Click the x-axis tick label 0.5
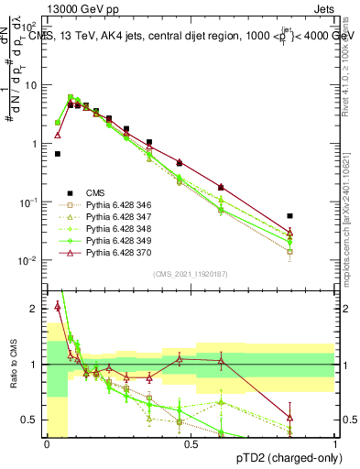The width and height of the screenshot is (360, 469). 191,444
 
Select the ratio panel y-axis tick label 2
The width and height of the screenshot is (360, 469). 36,310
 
